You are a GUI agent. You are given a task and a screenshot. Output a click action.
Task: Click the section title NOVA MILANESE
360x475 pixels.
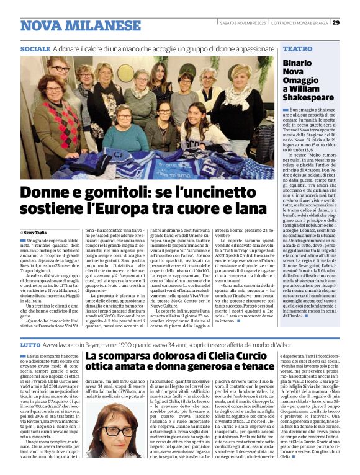pyautogui.click(x=71, y=25)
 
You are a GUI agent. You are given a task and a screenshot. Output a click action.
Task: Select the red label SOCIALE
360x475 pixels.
pyautogui.click(x=35, y=48)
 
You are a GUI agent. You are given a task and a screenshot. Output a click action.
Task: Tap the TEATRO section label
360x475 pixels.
pyautogui.click(x=297, y=48)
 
